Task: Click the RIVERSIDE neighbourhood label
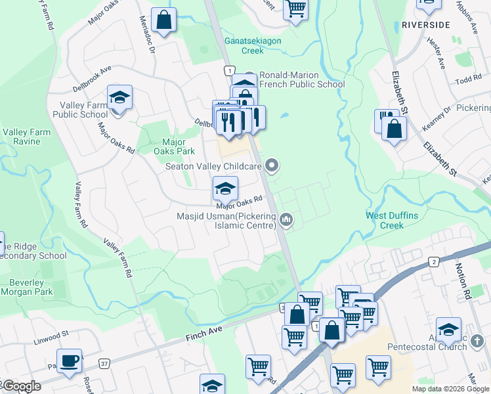tap(425, 24)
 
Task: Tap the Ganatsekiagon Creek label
tap(244, 45)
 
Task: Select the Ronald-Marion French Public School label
tap(302, 79)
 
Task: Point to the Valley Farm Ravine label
tap(26, 137)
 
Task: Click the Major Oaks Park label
tap(174, 146)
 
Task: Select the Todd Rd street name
tap(469, 80)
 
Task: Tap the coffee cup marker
tap(69, 361)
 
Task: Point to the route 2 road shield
tap(433, 262)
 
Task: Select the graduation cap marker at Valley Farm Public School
tap(120, 98)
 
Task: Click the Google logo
tap(21, 386)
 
